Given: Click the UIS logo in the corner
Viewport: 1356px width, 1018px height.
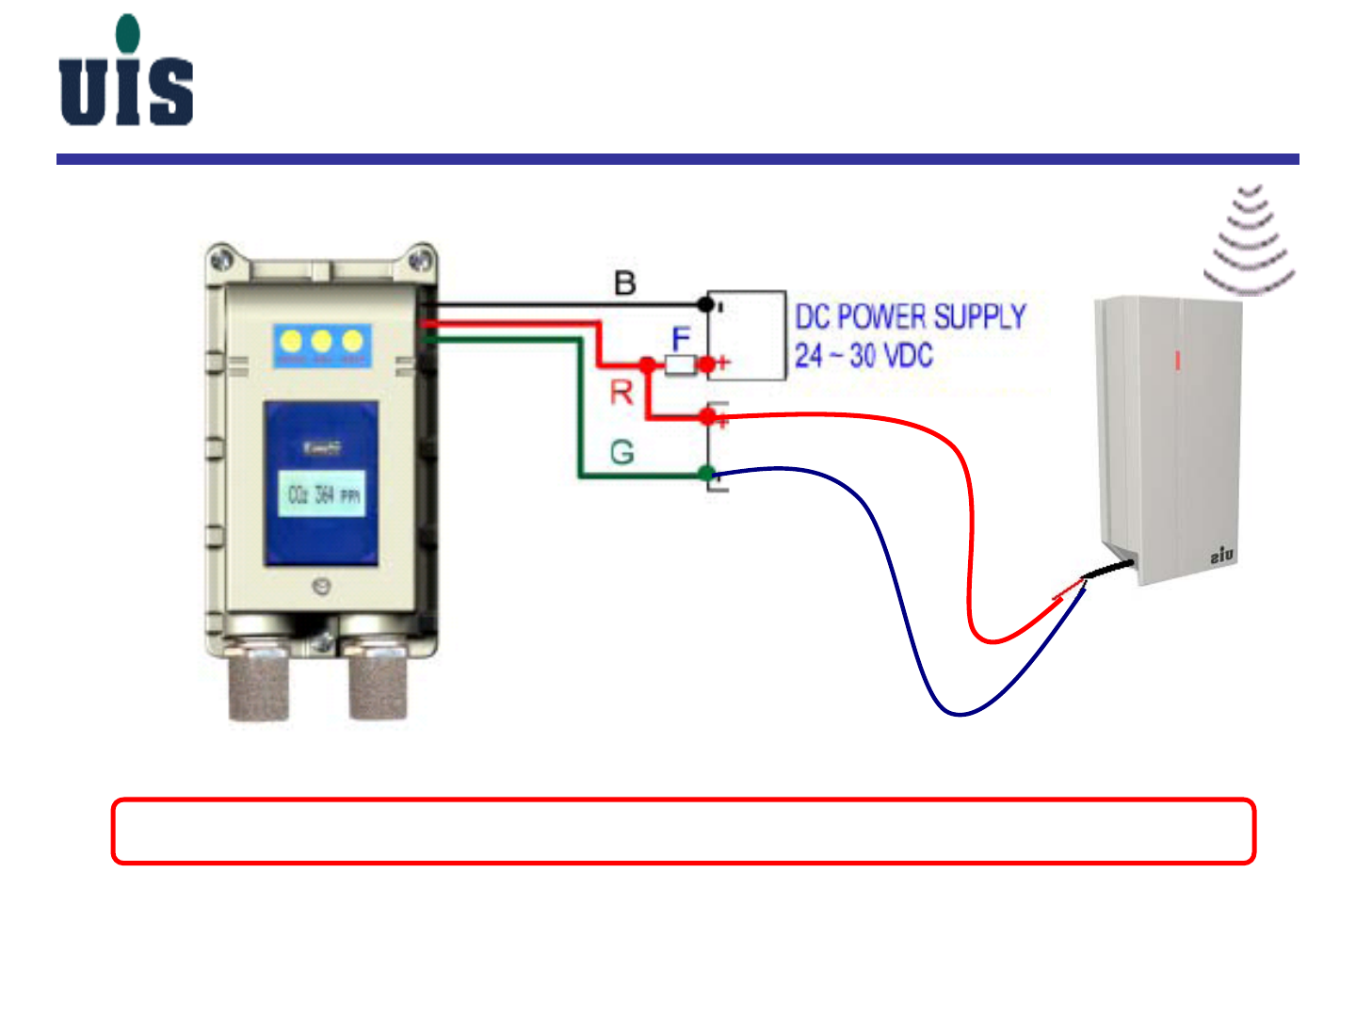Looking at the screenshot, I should click(x=126, y=73).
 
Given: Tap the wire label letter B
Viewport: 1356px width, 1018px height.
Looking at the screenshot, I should click(x=624, y=283).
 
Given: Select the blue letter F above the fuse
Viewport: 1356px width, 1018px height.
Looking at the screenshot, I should click(x=681, y=338).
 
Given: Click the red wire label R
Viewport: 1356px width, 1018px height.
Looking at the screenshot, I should click(x=621, y=392).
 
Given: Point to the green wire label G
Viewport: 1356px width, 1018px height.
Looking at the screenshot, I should click(x=621, y=453).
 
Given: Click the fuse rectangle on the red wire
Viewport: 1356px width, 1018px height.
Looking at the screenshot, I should click(x=680, y=364).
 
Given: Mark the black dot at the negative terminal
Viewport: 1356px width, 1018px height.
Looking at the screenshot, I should click(x=705, y=303).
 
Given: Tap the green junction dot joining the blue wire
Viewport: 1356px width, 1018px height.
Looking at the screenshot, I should click(x=707, y=474).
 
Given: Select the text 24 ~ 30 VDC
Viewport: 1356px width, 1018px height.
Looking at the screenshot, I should click(x=863, y=356).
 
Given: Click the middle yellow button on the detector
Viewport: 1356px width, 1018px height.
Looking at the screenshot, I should click(x=322, y=341).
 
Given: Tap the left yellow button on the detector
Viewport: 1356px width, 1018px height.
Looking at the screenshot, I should click(x=292, y=341).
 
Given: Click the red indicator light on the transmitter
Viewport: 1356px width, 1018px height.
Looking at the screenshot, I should click(x=1177, y=360).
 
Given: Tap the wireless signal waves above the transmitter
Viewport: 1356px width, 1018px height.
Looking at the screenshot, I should click(x=1250, y=240).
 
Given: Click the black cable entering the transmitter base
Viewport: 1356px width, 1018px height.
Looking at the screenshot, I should click(x=1109, y=570).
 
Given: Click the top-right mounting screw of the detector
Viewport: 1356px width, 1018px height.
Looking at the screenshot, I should click(x=421, y=258).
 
